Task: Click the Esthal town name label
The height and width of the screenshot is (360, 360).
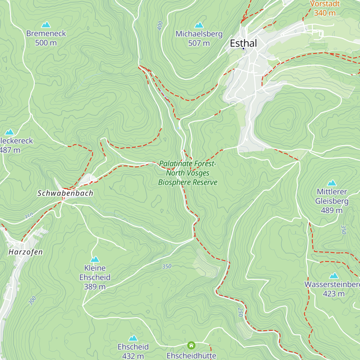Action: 243,43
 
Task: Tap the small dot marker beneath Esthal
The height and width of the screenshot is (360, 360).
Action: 243,49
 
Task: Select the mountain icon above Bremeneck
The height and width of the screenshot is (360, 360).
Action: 46,25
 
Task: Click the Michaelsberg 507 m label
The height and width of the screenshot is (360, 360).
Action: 199,38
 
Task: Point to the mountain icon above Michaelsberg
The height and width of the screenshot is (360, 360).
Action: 199,25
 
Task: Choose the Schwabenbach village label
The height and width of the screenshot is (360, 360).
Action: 65,193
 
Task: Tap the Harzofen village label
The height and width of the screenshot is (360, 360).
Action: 25,252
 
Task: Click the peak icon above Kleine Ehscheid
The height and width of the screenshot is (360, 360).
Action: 95,259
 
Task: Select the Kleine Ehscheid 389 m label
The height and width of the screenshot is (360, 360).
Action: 95,277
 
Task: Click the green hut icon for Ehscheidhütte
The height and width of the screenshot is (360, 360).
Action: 191,345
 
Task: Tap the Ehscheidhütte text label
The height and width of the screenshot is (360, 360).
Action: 191,356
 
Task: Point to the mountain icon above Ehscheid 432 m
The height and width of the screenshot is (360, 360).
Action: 133,338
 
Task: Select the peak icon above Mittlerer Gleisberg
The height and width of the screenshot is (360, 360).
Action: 331,183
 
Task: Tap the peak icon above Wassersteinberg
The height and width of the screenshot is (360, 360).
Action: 334,276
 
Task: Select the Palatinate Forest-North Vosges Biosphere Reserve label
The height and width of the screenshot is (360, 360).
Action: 188,173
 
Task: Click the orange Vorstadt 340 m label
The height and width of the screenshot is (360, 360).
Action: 325,8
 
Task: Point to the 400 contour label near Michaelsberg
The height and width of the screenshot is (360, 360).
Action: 160,25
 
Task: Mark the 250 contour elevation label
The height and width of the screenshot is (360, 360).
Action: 240,312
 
